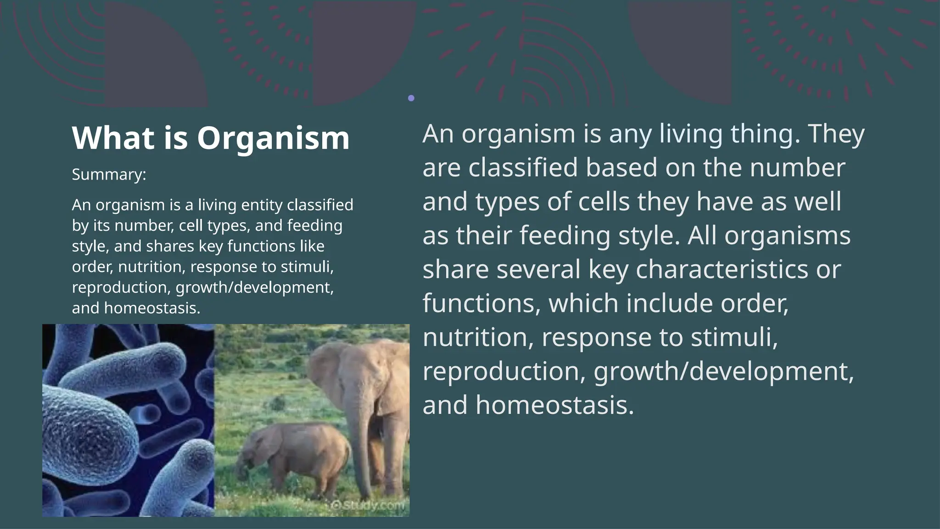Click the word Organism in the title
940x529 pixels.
click(273, 138)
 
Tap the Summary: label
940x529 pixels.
click(109, 174)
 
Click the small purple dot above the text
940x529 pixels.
click(411, 98)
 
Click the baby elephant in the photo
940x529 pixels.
click(294, 455)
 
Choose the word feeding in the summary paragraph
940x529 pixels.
click(314, 225)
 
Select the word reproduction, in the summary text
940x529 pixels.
click(122, 287)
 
